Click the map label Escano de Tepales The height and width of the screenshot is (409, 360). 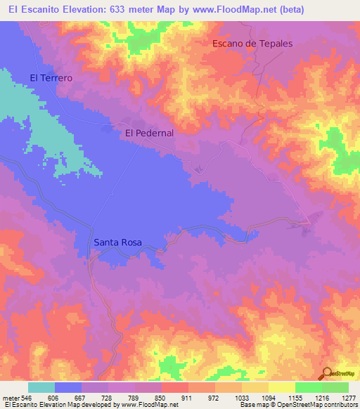252,43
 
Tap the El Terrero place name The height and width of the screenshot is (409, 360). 51,78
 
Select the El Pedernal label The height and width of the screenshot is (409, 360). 149,132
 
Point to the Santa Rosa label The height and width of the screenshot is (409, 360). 117,242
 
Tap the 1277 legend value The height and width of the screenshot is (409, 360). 347,397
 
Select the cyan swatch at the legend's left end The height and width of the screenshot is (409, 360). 41,387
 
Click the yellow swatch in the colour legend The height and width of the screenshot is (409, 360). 281,387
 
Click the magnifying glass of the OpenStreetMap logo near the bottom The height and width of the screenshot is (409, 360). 326,373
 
